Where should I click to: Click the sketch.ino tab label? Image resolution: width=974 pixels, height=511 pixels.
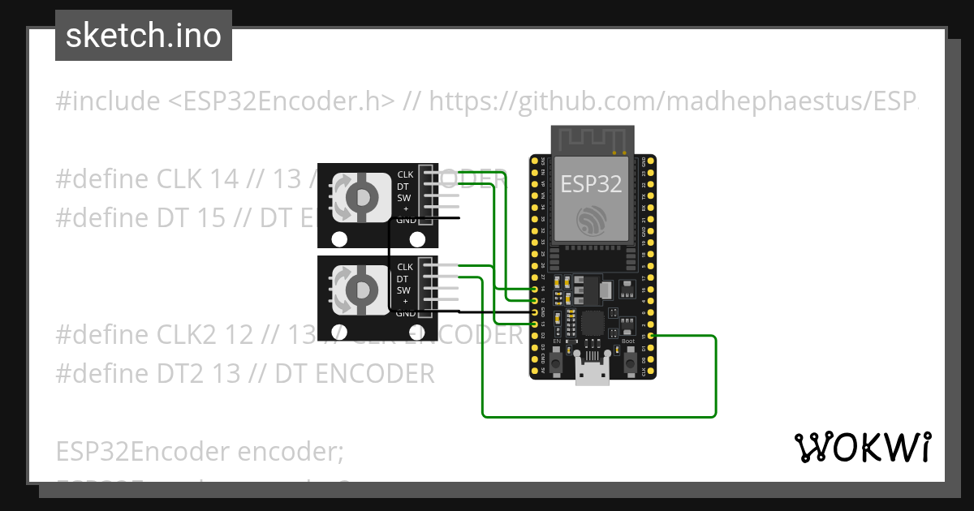(x=144, y=36)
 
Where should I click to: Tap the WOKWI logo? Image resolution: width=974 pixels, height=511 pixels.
(x=862, y=448)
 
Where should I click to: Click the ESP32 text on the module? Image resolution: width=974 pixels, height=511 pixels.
(x=592, y=184)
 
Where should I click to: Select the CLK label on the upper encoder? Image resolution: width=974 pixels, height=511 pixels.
(x=405, y=174)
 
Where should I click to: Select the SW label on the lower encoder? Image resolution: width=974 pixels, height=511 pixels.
(x=404, y=290)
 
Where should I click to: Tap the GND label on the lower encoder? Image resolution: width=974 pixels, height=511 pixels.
(x=405, y=313)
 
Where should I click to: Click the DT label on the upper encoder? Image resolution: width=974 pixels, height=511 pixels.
(x=403, y=186)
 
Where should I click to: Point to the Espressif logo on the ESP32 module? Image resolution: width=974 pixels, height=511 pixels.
(x=592, y=220)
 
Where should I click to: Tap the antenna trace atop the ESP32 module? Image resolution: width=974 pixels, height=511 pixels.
(x=592, y=139)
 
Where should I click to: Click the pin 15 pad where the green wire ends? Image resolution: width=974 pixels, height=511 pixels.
(x=651, y=336)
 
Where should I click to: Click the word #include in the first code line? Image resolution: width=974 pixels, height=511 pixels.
(x=108, y=101)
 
